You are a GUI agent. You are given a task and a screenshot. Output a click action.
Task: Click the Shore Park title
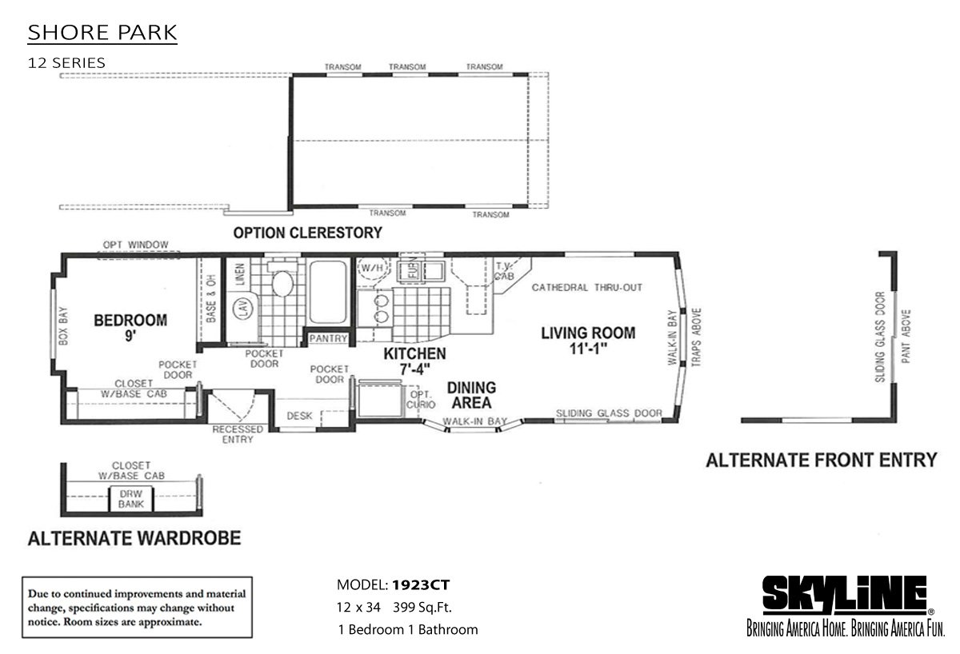[102, 34]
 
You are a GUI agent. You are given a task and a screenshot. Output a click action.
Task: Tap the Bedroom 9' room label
[130, 328]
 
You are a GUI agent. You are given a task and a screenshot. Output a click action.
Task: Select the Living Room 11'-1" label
[588, 340]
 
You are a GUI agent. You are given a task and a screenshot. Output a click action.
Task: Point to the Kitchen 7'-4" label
[414, 361]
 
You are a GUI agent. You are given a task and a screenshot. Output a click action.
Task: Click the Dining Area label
[470, 395]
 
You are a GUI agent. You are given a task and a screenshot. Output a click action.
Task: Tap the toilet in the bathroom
[281, 285]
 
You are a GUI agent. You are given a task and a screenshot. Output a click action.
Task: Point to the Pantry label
[328, 339]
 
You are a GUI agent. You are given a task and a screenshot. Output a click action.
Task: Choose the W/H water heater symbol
[371, 268]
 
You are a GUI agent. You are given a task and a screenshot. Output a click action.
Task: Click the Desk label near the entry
[298, 417]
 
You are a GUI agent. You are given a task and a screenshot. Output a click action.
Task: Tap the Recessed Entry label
[238, 434]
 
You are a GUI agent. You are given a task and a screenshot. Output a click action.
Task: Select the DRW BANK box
[126, 499]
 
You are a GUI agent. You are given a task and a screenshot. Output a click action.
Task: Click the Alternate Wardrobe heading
[134, 538]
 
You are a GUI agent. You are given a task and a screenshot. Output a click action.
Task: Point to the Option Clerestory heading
[307, 233]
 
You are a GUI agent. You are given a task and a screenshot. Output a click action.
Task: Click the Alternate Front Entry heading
[821, 460]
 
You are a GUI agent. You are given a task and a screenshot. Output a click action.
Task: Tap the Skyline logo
[844, 596]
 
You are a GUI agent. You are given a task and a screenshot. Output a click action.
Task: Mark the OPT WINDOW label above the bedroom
[130, 245]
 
